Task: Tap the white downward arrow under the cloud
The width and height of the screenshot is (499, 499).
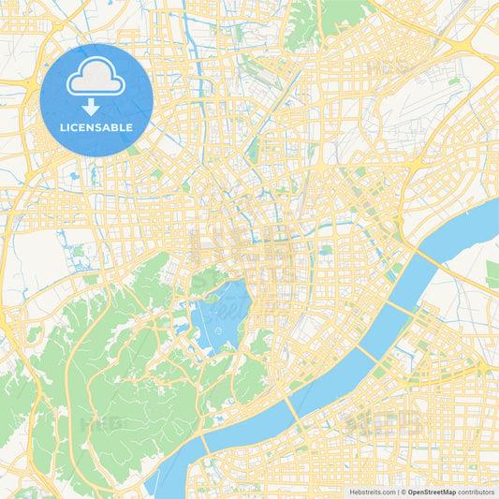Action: [96, 107]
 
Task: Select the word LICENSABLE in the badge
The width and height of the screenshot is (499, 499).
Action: [96, 127]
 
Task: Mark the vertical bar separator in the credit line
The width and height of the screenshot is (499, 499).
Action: [397, 491]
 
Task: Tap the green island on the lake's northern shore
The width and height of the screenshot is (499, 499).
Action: [203, 282]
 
